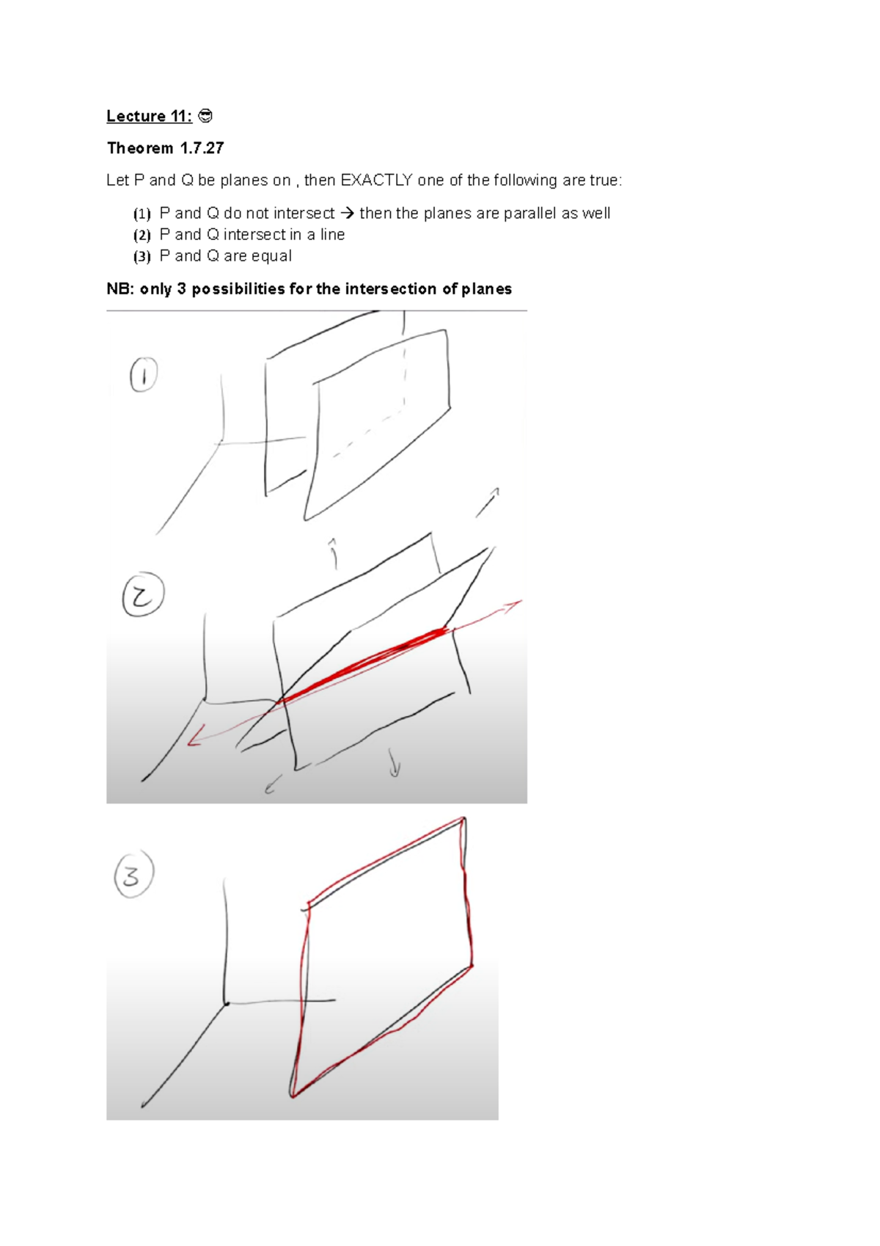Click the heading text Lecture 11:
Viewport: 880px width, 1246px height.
pyautogui.click(x=149, y=116)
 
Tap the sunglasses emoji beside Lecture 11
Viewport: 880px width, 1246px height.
pyautogui.click(x=206, y=116)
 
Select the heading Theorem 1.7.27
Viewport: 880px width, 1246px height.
pyautogui.click(x=165, y=148)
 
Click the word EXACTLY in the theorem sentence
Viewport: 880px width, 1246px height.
pyautogui.click(x=376, y=181)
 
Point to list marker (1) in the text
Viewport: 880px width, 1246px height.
pyautogui.click(x=142, y=214)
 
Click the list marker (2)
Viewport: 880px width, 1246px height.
pyautogui.click(x=142, y=235)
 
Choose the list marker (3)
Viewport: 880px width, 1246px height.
pyautogui.click(x=142, y=256)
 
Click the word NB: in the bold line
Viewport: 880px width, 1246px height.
pyautogui.click(x=121, y=289)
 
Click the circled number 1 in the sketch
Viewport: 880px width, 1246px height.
pyautogui.click(x=144, y=375)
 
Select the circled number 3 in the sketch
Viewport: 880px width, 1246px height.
pyautogui.click(x=133, y=874)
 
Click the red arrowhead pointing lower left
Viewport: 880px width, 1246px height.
pyautogui.click(x=194, y=740)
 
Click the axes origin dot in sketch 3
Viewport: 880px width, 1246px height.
pyautogui.click(x=227, y=1002)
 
